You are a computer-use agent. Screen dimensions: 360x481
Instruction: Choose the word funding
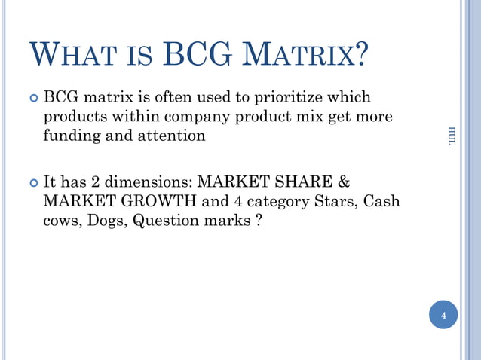point(72,136)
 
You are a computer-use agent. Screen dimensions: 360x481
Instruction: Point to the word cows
point(62,222)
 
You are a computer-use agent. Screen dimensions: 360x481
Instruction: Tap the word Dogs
point(107,222)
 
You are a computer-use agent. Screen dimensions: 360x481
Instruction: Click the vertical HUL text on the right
point(451,137)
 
